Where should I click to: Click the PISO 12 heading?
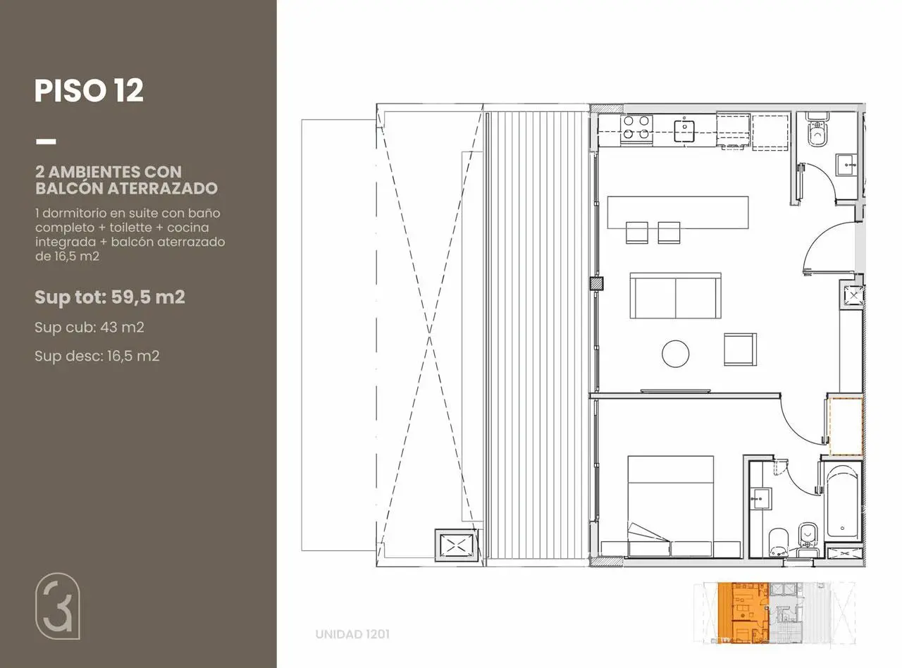pos(89,91)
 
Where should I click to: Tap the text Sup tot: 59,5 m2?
pos(110,297)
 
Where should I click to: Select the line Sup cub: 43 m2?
pos(89,328)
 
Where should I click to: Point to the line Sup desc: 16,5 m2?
pos(97,357)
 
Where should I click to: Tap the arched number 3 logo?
pos(57,606)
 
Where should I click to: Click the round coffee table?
pos(676,354)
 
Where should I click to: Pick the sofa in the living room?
pos(676,295)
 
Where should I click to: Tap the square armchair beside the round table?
pos(740,349)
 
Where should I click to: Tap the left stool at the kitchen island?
pos(637,233)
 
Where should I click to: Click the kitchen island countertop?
pos(678,212)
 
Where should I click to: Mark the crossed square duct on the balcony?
pos(457,545)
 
